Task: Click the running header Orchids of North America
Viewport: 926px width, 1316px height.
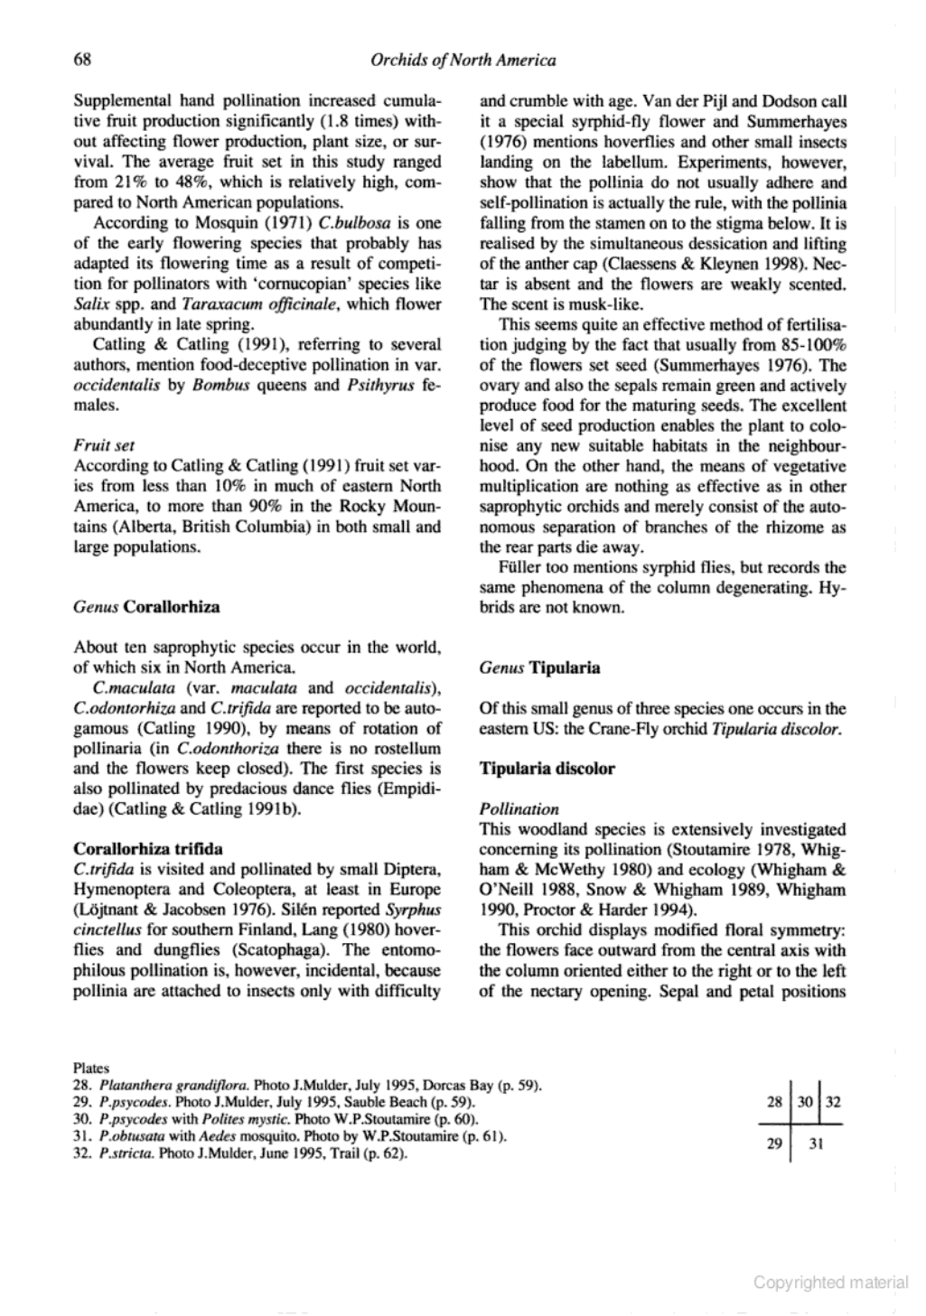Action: click(463, 61)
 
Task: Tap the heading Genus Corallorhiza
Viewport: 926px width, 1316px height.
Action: click(146, 607)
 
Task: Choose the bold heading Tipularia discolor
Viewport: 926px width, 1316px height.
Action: click(547, 770)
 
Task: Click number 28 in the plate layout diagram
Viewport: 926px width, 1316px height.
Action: click(774, 1103)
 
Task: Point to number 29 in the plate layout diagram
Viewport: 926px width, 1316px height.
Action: click(774, 1143)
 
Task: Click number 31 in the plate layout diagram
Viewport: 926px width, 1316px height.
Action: click(814, 1143)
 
